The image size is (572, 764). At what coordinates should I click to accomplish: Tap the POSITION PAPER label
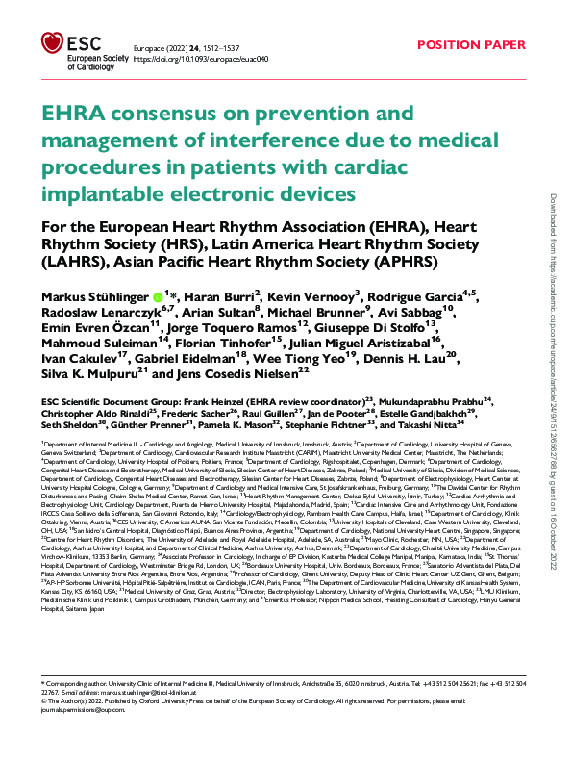point(471,45)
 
